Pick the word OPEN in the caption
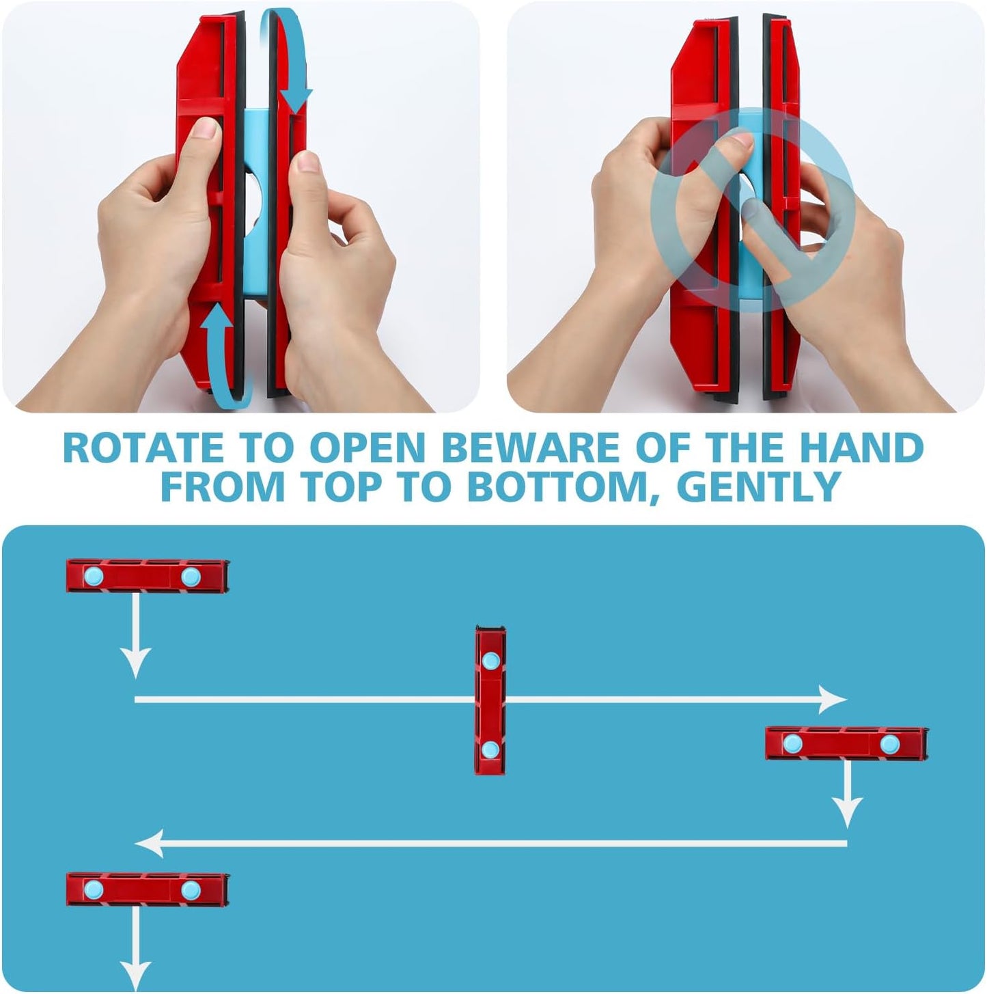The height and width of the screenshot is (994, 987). coord(367,447)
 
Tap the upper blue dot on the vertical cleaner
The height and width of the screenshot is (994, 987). coord(490,661)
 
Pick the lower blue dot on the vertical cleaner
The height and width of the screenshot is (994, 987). coord(489,749)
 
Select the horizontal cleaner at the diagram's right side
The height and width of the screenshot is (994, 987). coord(846,743)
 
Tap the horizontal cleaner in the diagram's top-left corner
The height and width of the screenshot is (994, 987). coord(147,577)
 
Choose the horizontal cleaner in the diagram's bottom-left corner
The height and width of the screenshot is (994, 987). coord(147,889)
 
